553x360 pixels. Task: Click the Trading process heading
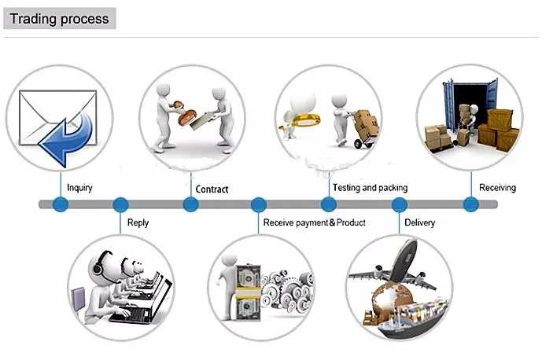tap(59, 19)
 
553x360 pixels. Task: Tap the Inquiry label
tap(79, 188)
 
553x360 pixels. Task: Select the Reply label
tap(138, 223)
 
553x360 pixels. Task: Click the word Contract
tap(212, 189)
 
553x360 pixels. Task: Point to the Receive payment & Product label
tap(314, 222)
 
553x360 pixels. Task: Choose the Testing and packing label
tap(370, 188)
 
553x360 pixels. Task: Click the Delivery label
tap(420, 222)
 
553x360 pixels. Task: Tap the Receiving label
tap(497, 188)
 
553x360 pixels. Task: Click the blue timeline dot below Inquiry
tap(61, 204)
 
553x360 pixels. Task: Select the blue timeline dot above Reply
tap(120, 204)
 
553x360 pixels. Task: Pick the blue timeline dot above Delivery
tap(400, 204)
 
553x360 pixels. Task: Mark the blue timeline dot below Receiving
tap(471, 204)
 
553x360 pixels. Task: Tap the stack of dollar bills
tap(248, 292)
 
